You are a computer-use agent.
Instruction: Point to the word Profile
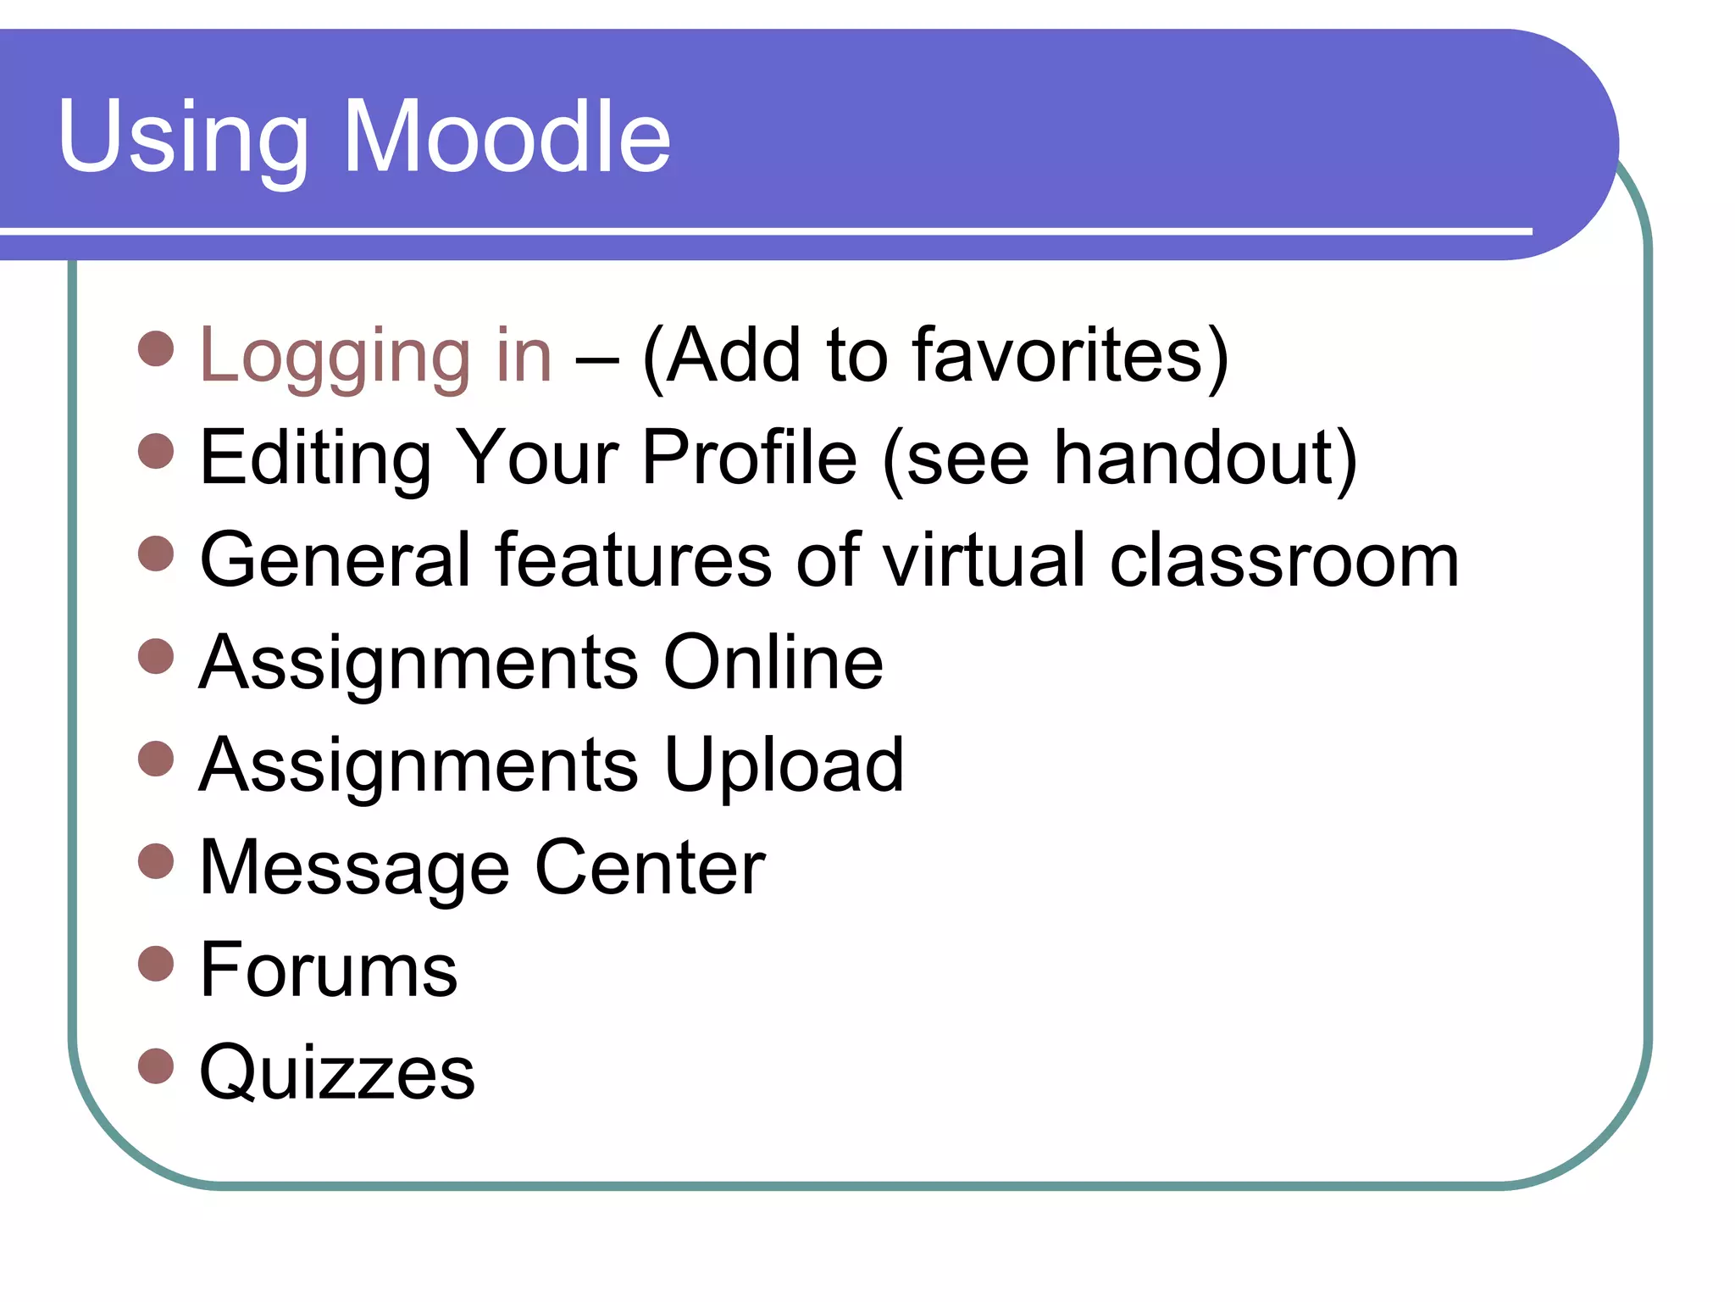pos(749,458)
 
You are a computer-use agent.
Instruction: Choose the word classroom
pos(1284,560)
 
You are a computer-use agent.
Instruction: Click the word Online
pos(773,662)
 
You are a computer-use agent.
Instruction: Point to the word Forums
pos(328,970)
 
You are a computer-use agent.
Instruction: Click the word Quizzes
pos(336,1073)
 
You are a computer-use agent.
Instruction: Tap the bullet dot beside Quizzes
pos(156,1066)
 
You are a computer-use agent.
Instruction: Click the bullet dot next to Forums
pos(156,964)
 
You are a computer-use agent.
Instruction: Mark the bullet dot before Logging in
pos(156,348)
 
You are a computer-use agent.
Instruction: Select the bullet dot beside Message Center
pos(156,861)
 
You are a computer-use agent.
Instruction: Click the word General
pos(335,560)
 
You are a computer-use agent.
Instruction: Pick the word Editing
pos(315,458)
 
